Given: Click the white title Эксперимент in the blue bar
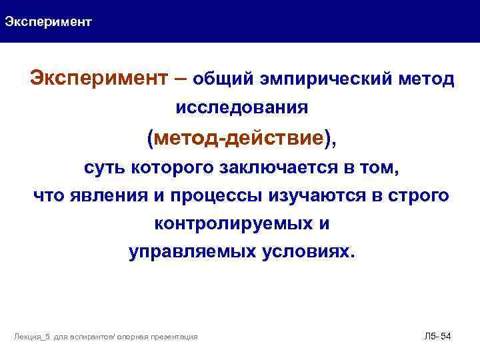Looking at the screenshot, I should (x=48, y=22).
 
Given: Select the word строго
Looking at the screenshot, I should (x=417, y=196).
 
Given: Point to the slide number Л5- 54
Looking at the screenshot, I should (x=437, y=337).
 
